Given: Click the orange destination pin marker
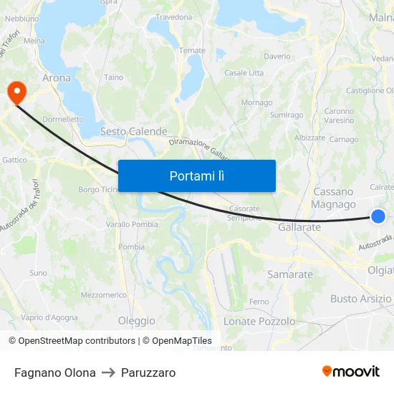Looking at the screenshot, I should [16, 92].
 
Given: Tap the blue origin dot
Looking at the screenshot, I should [378, 216].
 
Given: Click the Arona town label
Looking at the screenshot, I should [57, 77].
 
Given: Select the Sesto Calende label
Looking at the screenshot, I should [133, 131].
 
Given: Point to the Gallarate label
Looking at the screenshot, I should [299, 226].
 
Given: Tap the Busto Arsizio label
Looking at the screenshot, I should [360, 299].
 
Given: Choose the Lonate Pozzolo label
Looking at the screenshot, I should [259, 322].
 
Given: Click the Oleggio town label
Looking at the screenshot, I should [136, 321].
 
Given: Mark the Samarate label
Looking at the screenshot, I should [290, 274].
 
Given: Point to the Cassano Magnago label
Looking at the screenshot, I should [333, 198].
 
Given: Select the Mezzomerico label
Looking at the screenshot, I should [104, 294].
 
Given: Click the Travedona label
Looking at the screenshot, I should [174, 16].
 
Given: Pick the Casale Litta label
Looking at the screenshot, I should [244, 72].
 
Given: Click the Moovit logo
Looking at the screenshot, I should [351, 371].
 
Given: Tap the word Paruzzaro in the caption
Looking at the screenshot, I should [148, 373].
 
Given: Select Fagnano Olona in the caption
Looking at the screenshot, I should [55, 373].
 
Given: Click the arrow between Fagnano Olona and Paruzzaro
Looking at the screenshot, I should [108, 373].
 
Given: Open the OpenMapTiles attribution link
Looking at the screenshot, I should [177, 341].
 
